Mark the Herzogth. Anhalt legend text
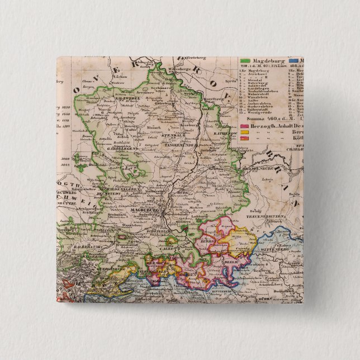tap(274, 126)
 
